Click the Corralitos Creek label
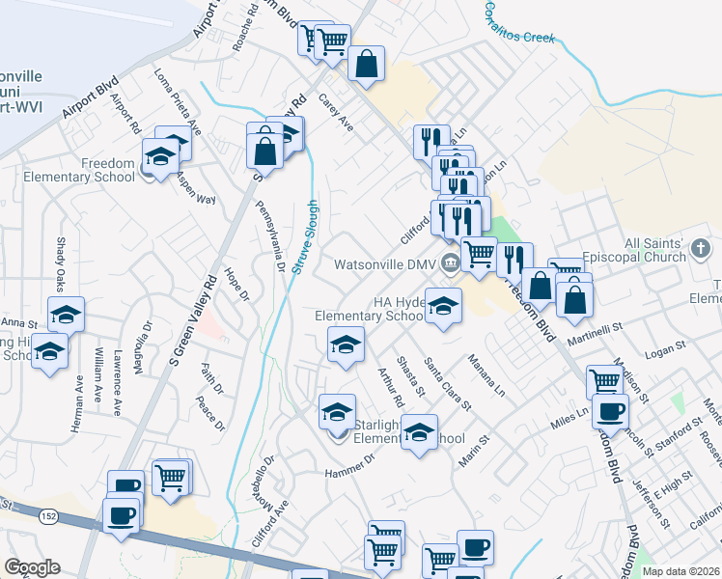click(519, 22)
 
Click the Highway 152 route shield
click(45, 518)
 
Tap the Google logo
click(32, 567)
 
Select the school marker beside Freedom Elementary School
click(159, 154)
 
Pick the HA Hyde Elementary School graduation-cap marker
click(443, 305)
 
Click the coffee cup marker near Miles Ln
click(608, 410)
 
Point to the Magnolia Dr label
click(147, 345)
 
